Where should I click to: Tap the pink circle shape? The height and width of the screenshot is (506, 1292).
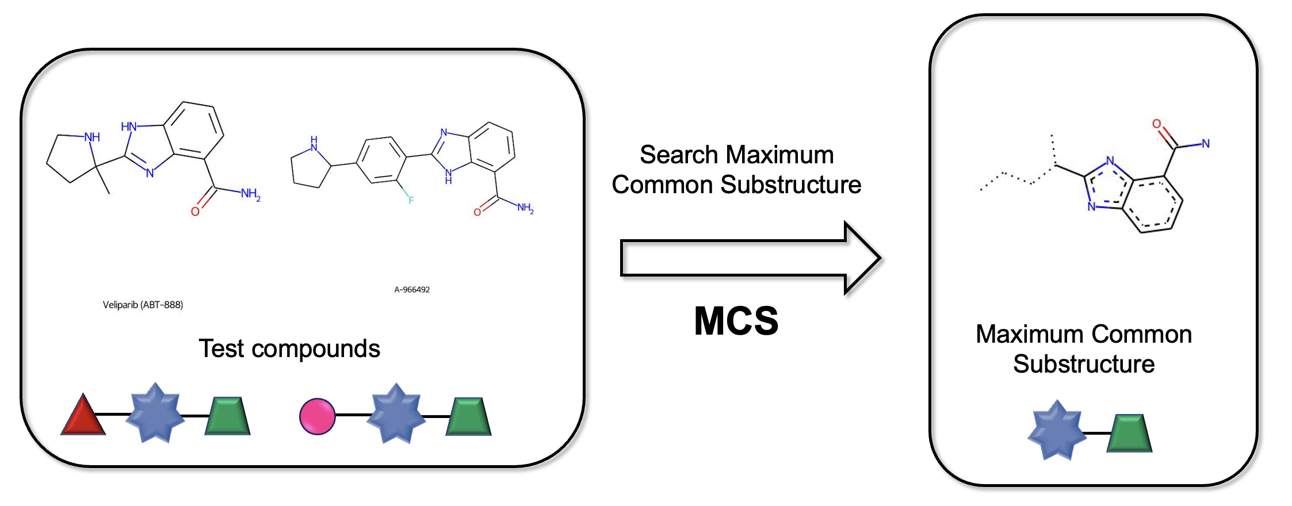317,416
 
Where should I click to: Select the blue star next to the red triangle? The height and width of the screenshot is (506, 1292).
155,413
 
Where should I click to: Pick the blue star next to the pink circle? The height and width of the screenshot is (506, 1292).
396,413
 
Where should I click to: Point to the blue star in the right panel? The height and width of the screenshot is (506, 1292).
1056,431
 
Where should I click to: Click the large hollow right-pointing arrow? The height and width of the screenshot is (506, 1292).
748,258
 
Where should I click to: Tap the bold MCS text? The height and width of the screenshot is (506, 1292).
736,321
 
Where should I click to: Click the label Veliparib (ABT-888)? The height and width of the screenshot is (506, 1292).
143,305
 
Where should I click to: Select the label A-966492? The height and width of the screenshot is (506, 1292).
412,290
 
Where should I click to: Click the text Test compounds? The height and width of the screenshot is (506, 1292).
289,348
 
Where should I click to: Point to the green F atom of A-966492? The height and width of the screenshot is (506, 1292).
411,200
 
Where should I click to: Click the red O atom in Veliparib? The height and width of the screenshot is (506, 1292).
195,212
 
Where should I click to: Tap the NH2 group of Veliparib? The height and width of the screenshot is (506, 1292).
250,194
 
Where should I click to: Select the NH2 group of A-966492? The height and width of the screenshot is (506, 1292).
525,208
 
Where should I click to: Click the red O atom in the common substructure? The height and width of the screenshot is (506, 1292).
1156,124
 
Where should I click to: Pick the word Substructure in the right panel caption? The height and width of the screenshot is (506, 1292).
1084,364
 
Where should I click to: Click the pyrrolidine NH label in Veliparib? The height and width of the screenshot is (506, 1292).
92,137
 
